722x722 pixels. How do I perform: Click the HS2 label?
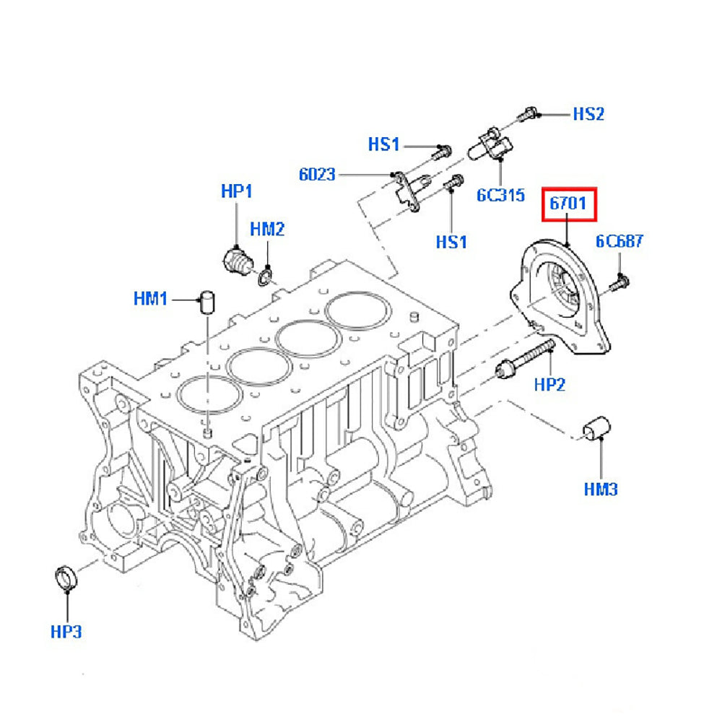(588, 114)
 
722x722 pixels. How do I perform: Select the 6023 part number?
(317, 174)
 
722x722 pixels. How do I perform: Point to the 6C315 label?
(500, 195)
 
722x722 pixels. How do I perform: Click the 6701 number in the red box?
(569, 204)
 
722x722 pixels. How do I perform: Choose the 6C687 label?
(619, 241)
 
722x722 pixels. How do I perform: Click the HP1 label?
(237, 191)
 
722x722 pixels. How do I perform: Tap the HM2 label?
(267, 230)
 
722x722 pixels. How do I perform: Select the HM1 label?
(150, 297)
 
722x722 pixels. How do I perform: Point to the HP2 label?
(549, 385)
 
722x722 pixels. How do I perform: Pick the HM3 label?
(601, 490)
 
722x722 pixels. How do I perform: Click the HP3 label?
(66, 632)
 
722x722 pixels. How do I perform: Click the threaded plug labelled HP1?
(236, 260)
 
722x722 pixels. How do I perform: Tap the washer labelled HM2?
(265, 275)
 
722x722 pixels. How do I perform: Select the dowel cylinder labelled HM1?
(207, 300)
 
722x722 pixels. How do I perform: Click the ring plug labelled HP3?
(66, 579)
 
